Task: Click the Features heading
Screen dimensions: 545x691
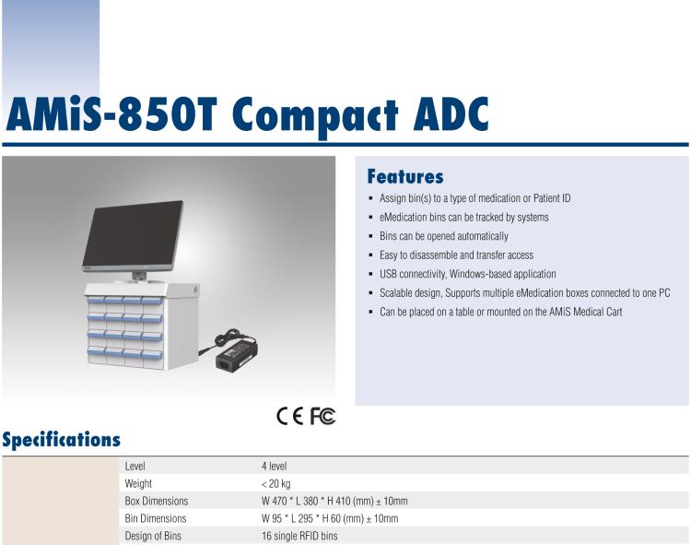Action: [405, 176]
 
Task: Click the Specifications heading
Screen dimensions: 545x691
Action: [61, 440]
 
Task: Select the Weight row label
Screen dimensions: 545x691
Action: [138, 483]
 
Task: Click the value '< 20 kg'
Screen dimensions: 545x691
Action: [276, 483]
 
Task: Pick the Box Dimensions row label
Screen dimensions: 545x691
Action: [156, 501]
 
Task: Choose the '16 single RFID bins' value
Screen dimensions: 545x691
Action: [299, 535]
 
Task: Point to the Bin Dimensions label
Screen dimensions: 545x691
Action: [155, 518]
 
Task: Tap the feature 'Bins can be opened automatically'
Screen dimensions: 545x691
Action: [443, 236]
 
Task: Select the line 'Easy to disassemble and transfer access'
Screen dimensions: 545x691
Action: [456, 255]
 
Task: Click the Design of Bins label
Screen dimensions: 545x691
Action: [153, 535]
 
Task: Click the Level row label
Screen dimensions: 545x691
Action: [135, 467]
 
